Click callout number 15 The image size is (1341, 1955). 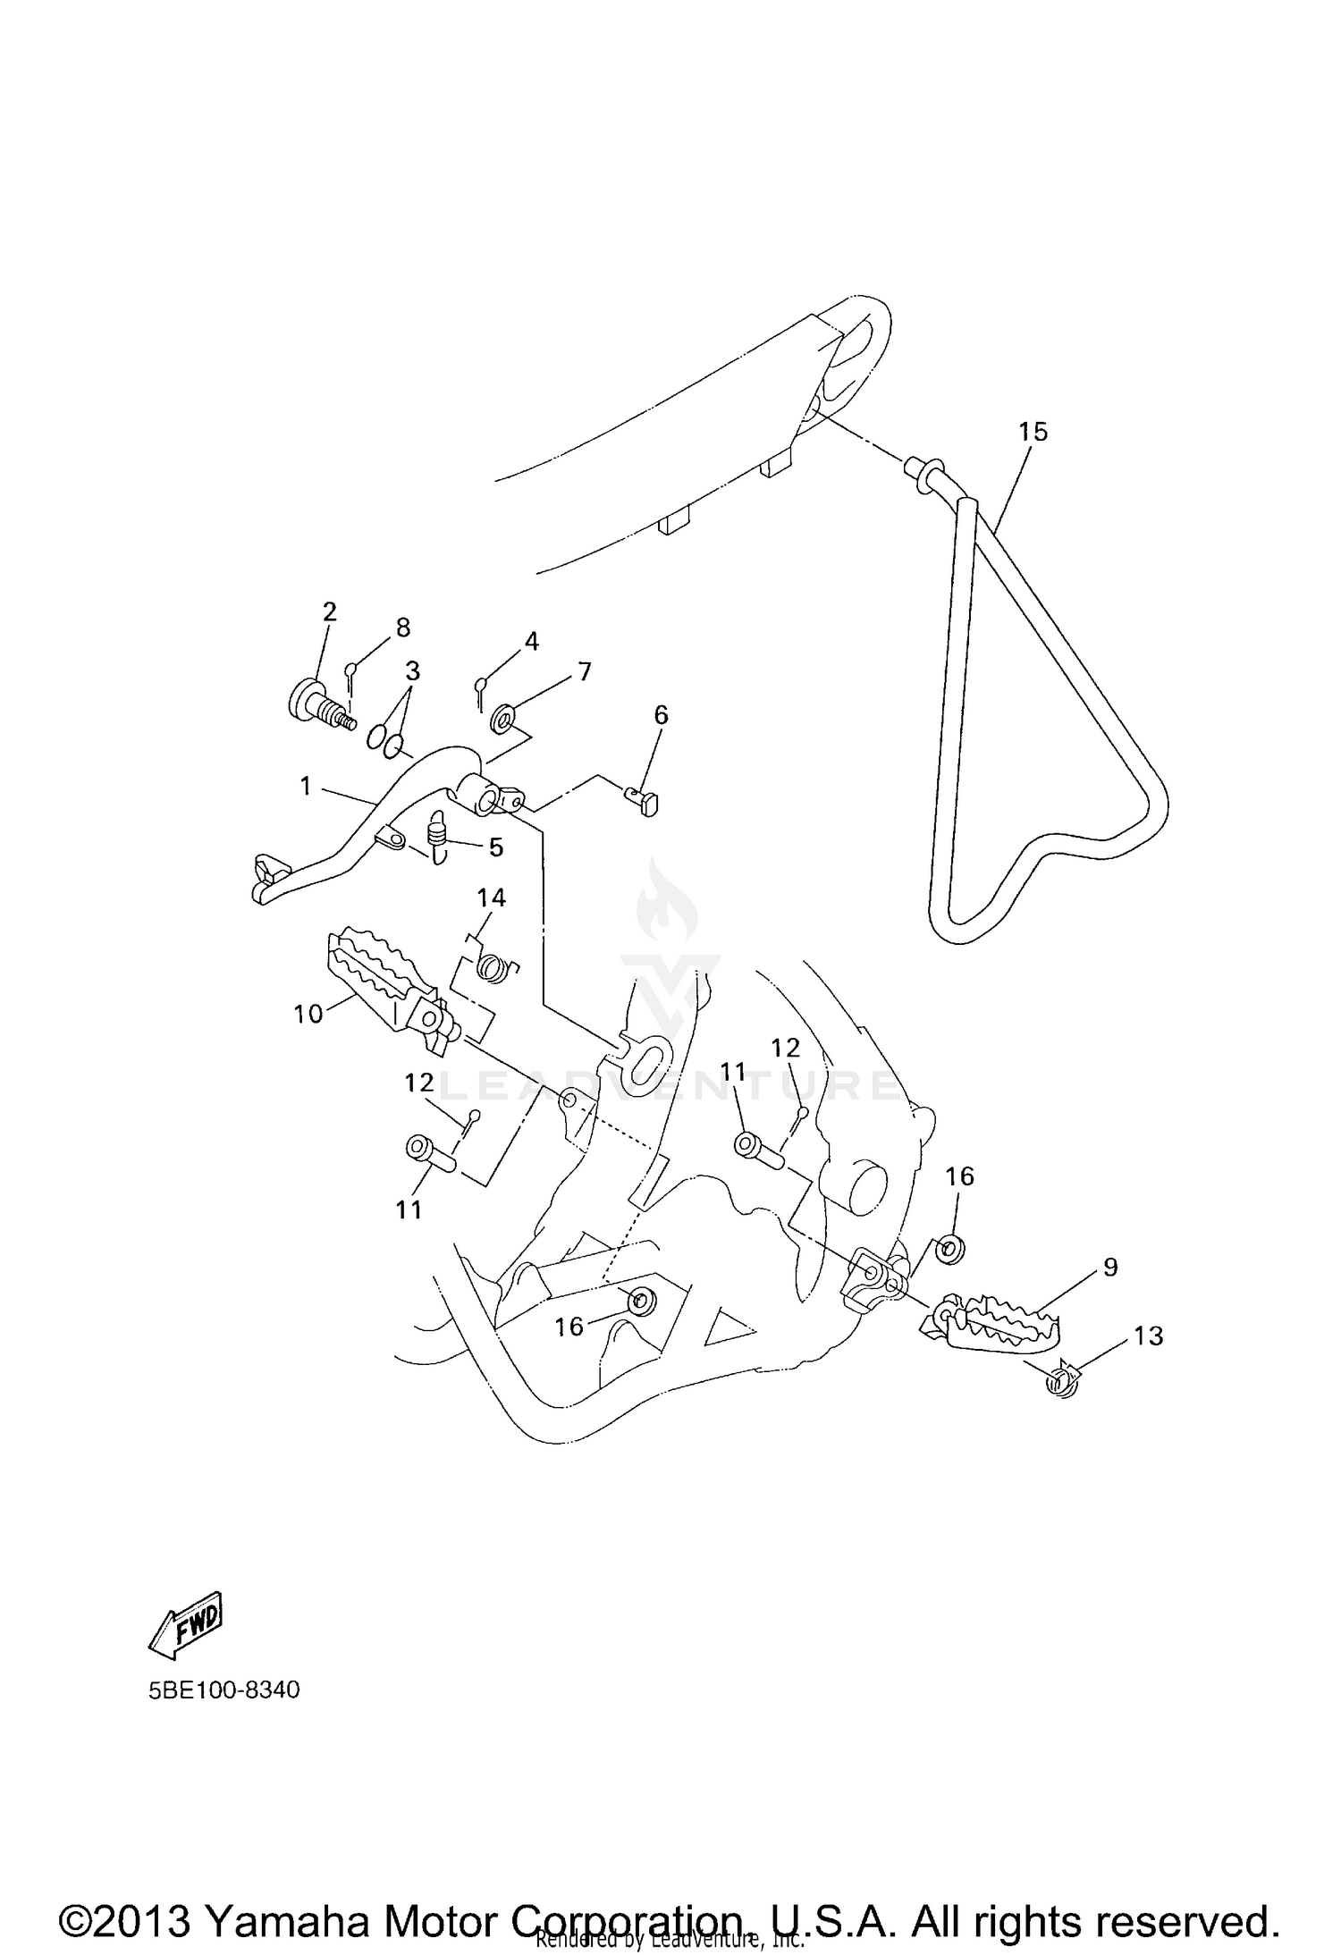1033,432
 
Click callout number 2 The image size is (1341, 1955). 330,612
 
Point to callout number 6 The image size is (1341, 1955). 661,714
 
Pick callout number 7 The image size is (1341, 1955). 585,671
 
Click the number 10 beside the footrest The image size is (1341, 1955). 308,1015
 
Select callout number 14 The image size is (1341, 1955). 492,897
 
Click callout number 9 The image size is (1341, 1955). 1110,1267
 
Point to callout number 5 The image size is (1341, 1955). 496,847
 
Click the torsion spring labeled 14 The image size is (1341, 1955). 493,966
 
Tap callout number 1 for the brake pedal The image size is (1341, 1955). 306,787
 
